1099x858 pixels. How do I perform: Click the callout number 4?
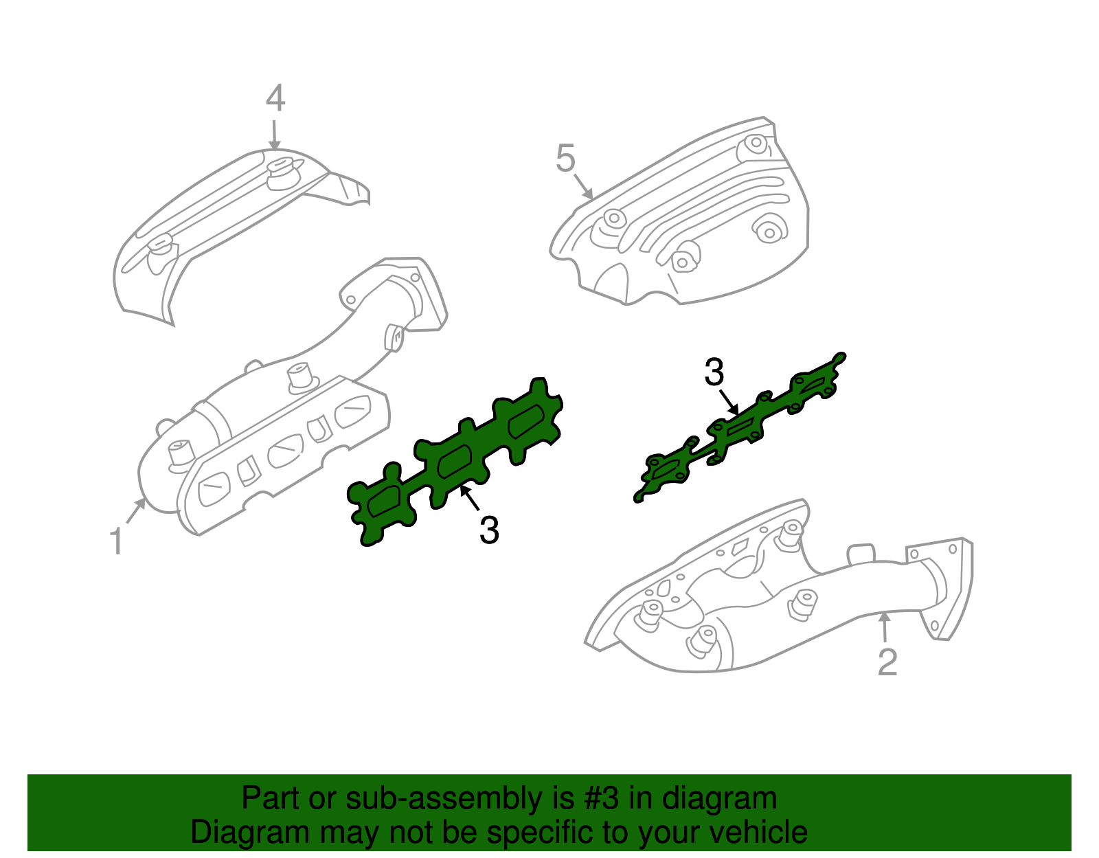275,98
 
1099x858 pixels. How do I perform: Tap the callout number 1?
117,541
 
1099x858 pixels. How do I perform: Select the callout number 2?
887,662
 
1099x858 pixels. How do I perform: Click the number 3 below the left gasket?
489,530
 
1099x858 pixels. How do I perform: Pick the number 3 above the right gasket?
714,372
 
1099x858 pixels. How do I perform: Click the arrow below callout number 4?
275,135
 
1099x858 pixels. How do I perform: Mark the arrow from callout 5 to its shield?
583,187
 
